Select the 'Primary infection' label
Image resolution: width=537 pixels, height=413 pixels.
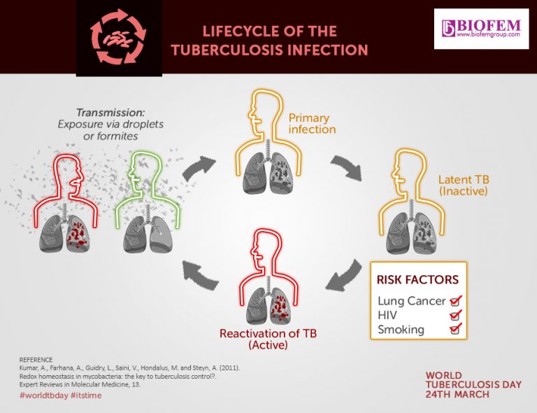pyautogui.click(x=313, y=123)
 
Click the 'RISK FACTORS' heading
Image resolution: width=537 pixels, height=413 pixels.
pyautogui.click(x=417, y=280)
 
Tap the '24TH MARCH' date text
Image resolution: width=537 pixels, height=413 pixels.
pyautogui.click(x=457, y=394)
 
